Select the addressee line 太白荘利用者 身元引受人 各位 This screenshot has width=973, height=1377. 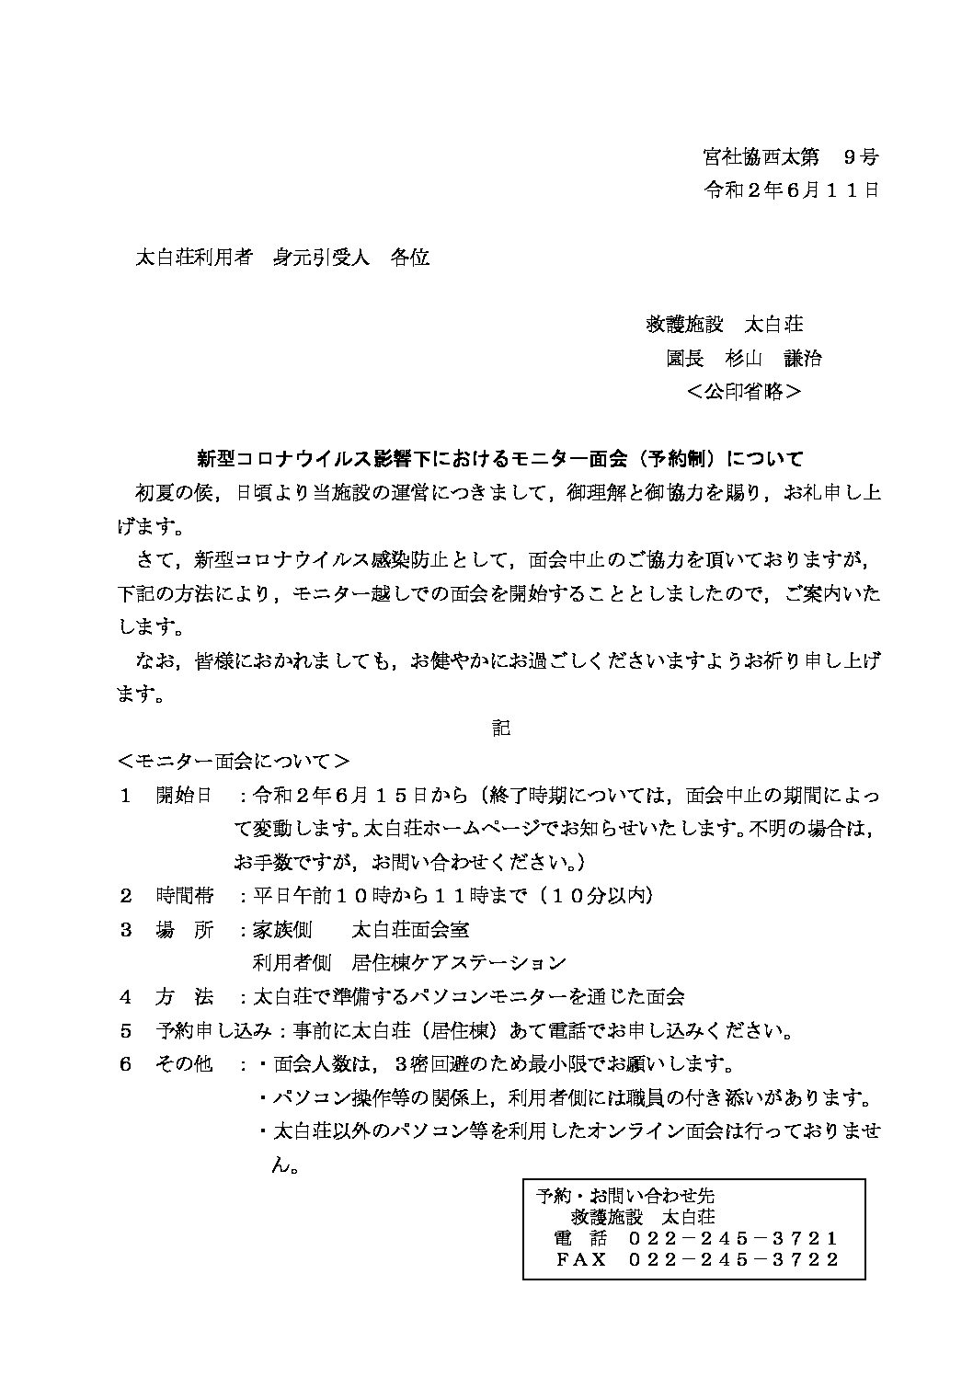coord(282,258)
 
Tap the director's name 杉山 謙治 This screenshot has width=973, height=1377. coord(779,358)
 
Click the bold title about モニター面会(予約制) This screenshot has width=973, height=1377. coord(500,457)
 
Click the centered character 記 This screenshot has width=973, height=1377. coord(500,728)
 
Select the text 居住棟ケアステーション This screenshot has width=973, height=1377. coord(459,963)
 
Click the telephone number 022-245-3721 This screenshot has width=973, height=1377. coord(733,1238)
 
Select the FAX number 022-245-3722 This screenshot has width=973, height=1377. coord(733,1259)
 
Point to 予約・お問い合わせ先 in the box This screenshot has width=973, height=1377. coord(624,1196)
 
